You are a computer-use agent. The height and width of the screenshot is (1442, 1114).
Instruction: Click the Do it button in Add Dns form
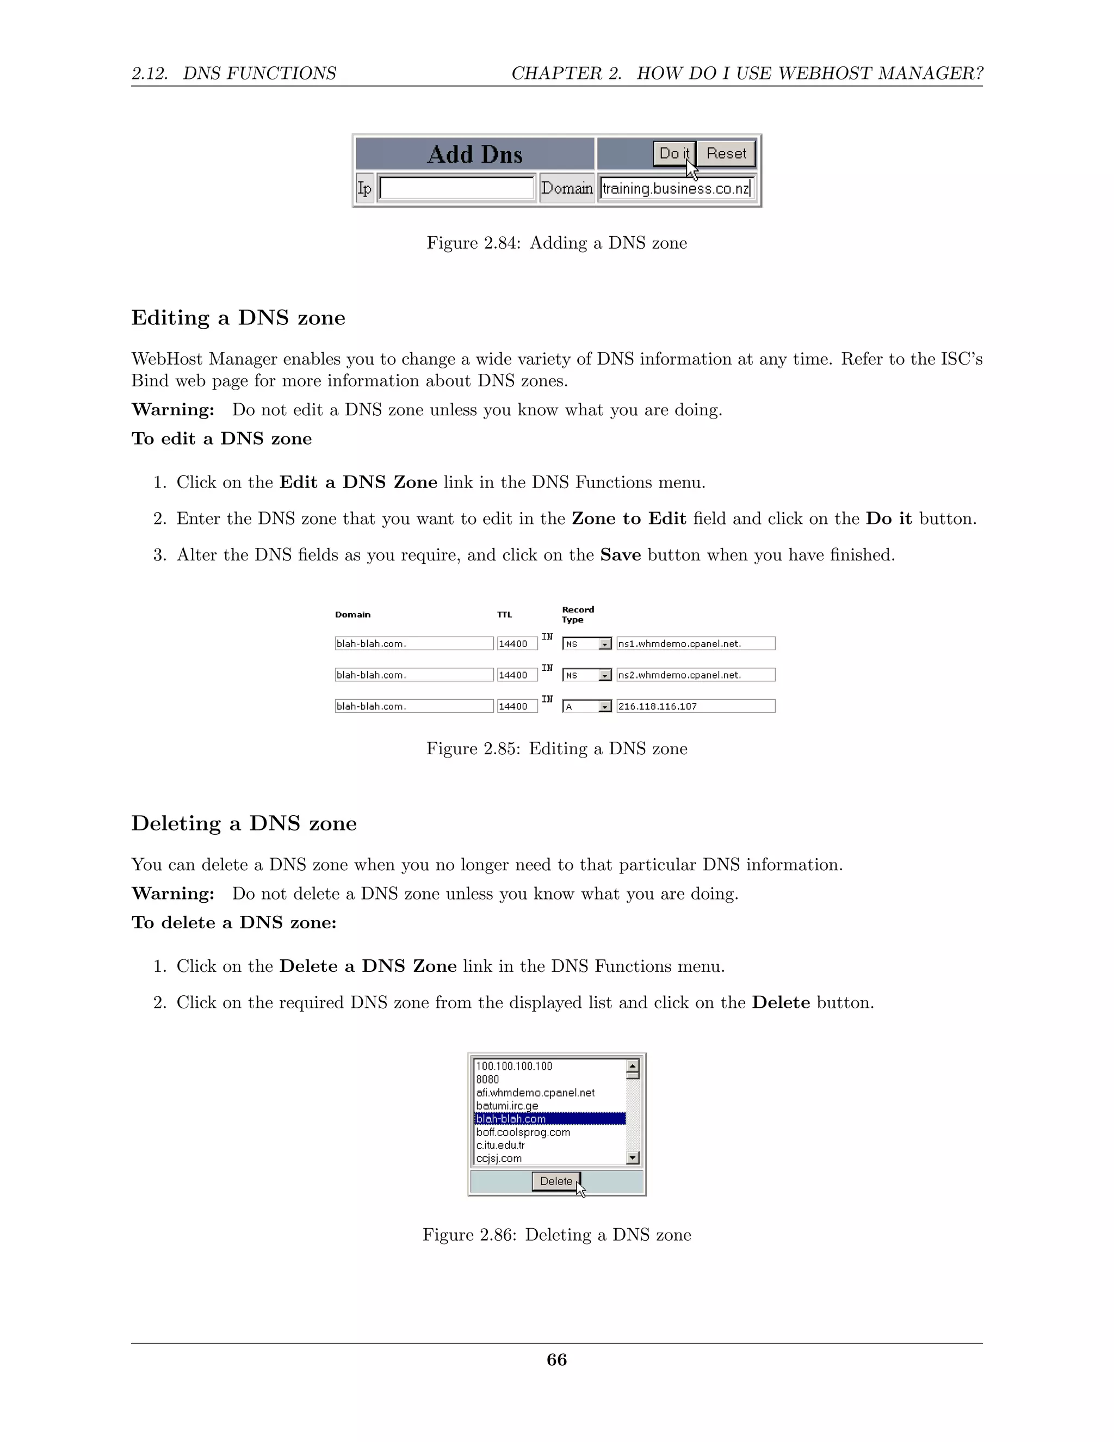point(673,154)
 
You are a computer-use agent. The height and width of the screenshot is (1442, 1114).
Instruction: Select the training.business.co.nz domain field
point(675,189)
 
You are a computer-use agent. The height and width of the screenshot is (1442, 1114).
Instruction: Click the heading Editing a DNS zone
point(238,318)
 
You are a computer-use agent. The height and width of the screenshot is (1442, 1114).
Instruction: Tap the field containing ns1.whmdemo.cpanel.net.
point(695,644)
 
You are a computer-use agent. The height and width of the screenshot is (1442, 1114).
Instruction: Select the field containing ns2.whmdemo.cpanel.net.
point(695,675)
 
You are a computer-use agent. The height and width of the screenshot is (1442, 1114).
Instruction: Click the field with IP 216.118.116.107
point(695,706)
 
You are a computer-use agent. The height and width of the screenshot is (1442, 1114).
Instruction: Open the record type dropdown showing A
point(587,706)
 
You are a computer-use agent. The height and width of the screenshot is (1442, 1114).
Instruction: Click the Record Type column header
point(578,615)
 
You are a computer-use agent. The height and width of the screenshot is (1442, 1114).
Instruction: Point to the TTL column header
point(504,615)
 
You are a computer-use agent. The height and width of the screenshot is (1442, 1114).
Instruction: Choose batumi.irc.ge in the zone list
point(507,1106)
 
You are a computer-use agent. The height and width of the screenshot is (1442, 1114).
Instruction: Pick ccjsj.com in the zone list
point(499,1158)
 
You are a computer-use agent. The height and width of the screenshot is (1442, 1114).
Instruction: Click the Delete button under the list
point(556,1181)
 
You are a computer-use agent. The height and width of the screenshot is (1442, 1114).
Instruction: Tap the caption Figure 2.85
point(556,749)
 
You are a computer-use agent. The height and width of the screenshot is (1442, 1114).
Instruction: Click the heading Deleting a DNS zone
point(244,823)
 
